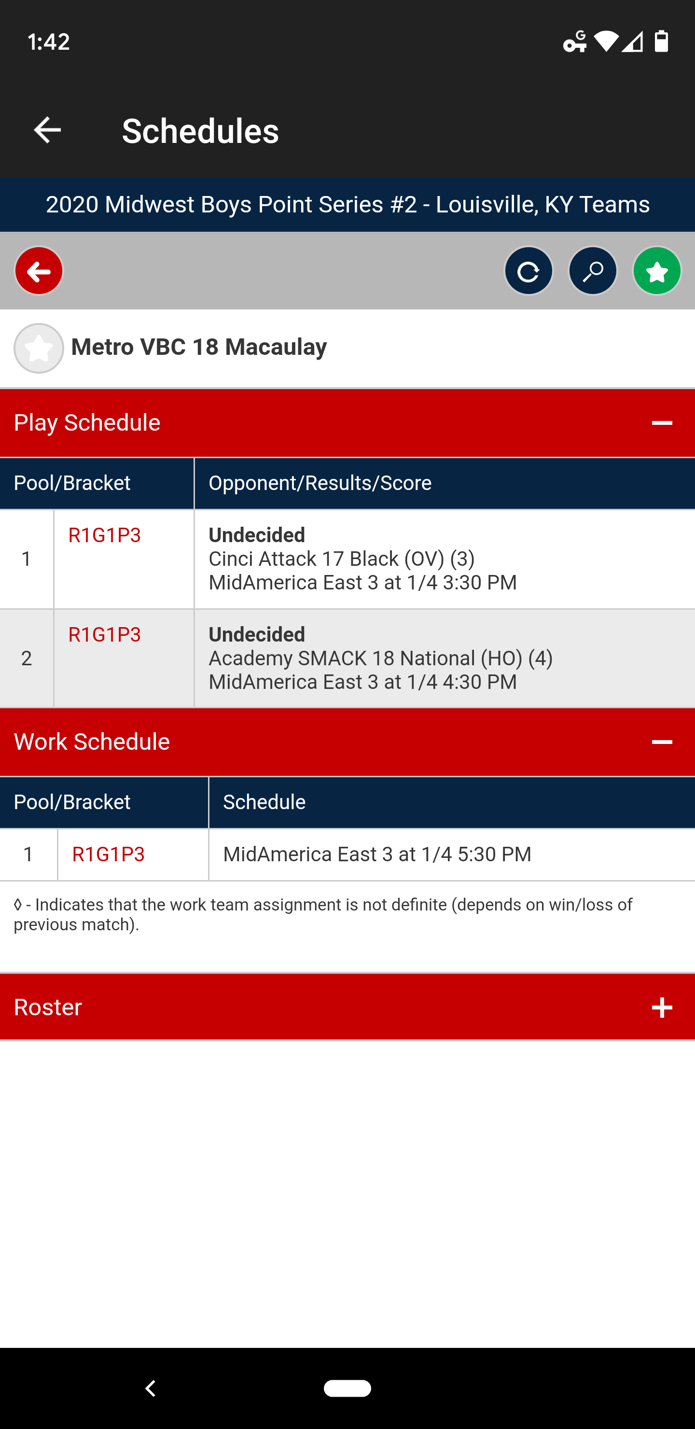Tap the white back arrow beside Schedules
(47, 130)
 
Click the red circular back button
(39, 271)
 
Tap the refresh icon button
(528, 271)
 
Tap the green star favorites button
(657, 271)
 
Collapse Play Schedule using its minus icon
(662, 423)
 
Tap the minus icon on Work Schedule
(662, 742)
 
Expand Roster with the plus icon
(662, 1008)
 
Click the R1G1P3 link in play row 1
(104, 535)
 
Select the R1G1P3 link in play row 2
(104, 635)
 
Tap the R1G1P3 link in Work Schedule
(108, 855)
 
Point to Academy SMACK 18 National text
(365, 658)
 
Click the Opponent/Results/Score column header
(320, 483)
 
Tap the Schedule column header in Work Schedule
(264, 802)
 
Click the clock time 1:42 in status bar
(49, 42)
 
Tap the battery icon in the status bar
(661, 41)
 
